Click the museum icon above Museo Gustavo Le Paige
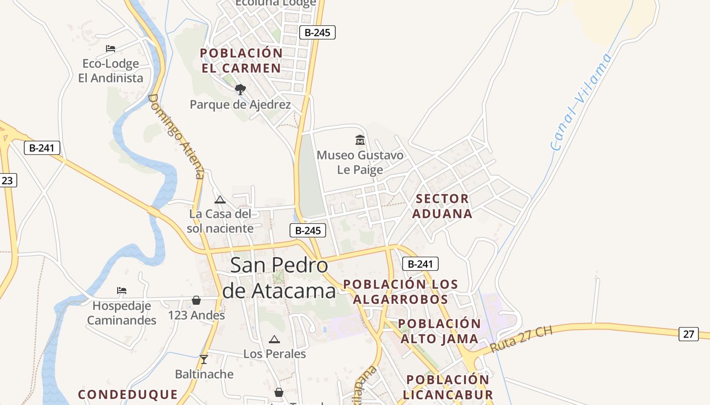pyautogui.click(x=360, y=140)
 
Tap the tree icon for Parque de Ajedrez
pyautogui.click(x=240, y=90)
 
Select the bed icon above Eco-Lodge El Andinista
pyautogui.click(x=111, y=49)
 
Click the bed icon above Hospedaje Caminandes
pyautogui.click(x=122, y=291)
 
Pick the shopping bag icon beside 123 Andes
pyautogui.click(x=196, y=300)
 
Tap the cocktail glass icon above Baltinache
pyautogui.click(x=204, y=359)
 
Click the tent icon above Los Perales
pyautogui.click(x=274, y=339)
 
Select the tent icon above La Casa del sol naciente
pyautogui.click(x=220, y=199)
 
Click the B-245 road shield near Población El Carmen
pyautogui.click(x=317, y=32)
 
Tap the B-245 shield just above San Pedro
pyautogui.click(x=308, y=230)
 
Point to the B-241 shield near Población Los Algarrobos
pyautogui.click(x=420, y=264)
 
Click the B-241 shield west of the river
pyautogui.click(x=42, y=148)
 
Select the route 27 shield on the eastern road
pyautogui.click(x=688, y=334)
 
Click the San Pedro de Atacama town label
pyautogui.click(x=279, y=278)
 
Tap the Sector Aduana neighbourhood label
pyautogui.click(x=442, y=206)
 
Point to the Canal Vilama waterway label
pyautogui.click(x=582, y=101)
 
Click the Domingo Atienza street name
pyautogui.click(x=176, y=136)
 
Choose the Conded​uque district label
pyautogui.click(x=128, y=394)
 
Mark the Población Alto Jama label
pyautogui.click(x=439, y=331)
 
